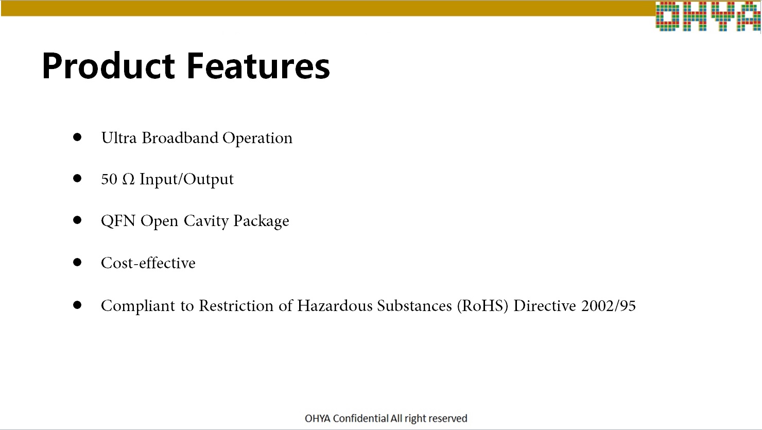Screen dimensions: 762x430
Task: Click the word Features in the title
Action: [x=258, y=65]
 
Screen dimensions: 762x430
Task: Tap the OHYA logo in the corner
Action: [x=708, y=16]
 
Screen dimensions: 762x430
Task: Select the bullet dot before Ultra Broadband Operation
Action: [x=77, y=137]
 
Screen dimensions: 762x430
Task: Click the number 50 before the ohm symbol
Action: [x=109, y=179]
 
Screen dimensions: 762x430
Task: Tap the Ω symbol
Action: [x=128, y=179]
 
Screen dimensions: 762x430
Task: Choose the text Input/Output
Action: [x=186, y=179]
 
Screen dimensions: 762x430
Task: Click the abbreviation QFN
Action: [x=118, y=221]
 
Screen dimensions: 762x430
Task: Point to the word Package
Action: [x=261, y=221]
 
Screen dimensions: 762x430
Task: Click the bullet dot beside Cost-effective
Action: [x=77, y=262]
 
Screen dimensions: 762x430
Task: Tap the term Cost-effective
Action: [x=148, y=263]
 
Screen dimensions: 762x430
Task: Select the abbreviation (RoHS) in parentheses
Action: [x=482, y=305]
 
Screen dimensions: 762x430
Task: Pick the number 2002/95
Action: [x=608, y=305]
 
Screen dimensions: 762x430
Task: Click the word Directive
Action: [x=545, y=305]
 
